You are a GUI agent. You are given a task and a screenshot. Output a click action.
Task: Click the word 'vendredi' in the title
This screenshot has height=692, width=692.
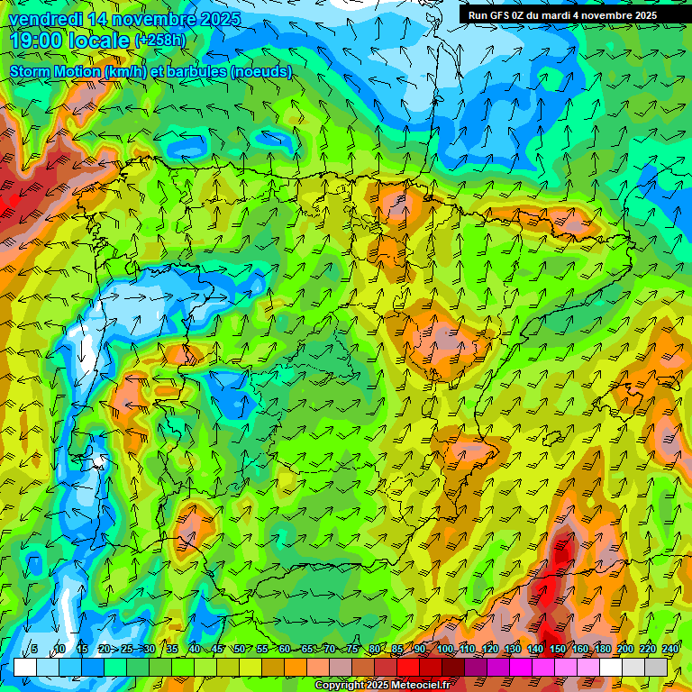coord(43,19)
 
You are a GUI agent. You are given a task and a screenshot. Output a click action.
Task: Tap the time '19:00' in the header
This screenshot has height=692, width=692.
coord(35,41)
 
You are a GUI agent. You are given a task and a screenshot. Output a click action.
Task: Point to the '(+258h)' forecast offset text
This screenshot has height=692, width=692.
coord(159,41)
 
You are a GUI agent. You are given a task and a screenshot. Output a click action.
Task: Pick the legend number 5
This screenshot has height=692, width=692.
coord(34,650)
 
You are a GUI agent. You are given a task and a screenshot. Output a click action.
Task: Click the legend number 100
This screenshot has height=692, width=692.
coord(444,650)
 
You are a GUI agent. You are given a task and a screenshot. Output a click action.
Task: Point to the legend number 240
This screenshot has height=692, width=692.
coord(670,650)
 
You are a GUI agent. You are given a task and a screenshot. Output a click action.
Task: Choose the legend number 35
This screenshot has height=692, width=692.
coord(171,650)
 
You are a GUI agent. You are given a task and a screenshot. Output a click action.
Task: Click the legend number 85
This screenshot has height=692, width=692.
coord(397,650)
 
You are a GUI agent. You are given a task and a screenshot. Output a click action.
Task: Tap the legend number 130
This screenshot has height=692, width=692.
coord(512,650)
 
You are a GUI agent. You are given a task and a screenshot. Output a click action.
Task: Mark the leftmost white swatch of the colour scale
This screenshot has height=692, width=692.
coord(25,667)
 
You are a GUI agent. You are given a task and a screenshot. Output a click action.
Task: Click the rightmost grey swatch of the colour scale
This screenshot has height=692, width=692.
coord(656,667)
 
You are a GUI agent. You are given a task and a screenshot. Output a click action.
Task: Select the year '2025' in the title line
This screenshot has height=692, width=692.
coord(216,19)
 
